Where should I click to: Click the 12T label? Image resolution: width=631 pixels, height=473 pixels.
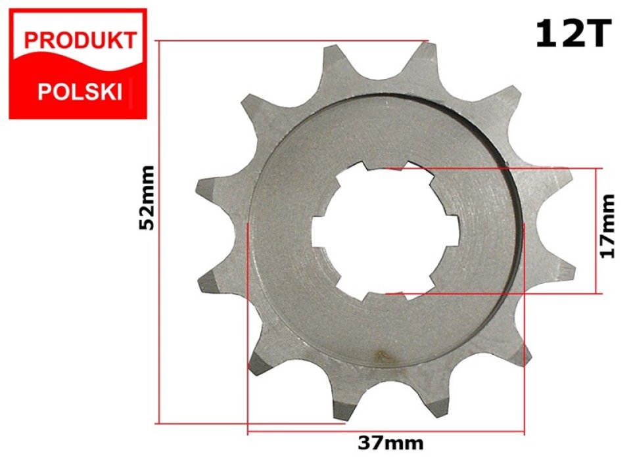[x=573, y=34]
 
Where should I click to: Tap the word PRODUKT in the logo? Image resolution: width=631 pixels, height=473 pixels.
[x=80, y=41]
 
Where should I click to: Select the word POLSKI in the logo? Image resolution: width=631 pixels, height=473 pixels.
[x=80, y=91]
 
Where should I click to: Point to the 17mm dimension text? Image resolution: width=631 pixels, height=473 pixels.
[x=608, y=225]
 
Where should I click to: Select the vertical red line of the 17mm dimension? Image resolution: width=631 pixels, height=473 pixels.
[x=597, y=230]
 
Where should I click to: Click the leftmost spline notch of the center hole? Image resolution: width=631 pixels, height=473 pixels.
[x=321, y=231]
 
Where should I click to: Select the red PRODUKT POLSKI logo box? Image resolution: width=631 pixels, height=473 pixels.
[x=77, y=64]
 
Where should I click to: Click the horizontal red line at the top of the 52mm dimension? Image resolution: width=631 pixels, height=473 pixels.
[x=289, y=41]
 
